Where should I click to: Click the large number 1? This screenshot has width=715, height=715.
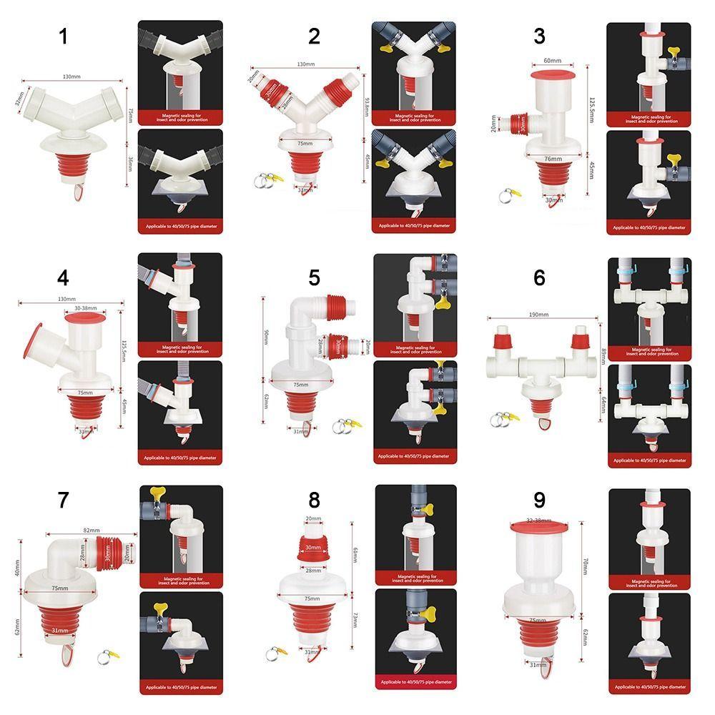click(63, 36)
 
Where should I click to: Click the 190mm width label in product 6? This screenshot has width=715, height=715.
click(538, 315)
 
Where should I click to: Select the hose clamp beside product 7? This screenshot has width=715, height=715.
click(108, 654)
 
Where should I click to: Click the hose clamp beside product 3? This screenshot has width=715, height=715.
click(509, 192)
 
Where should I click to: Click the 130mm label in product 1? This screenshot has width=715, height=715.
click(71, 77)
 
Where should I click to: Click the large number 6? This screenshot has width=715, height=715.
click(539, 276)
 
